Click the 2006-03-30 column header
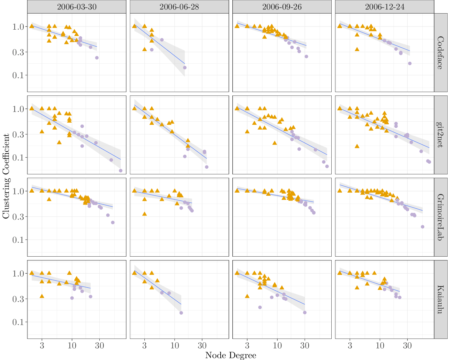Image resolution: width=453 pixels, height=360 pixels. pos(77,7)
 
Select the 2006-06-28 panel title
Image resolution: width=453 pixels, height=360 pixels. pos(179,7)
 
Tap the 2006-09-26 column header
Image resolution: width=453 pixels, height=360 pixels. pos(282,7)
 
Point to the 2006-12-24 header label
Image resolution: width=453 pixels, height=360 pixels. pos(385,7)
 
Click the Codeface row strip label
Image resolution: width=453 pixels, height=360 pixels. pos(440,53)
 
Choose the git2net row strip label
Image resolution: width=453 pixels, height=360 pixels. pos(440,135)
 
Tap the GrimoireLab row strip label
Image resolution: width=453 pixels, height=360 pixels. pos(440,217)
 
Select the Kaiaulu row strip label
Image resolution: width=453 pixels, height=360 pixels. pos(440,299)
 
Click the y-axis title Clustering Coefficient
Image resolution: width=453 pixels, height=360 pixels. pos(6,176)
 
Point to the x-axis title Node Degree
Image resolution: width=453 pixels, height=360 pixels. pos(230,355)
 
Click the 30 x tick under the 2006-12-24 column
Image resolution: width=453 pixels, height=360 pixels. pos(407,345)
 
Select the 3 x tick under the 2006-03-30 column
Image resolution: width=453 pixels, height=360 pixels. pos(42,345)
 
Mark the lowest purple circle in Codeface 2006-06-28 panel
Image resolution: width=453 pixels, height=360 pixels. pos(185,67)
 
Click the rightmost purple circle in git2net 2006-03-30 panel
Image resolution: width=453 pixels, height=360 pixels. pos(120,171)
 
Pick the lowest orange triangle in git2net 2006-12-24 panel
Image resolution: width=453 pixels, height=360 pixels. pos(357,146)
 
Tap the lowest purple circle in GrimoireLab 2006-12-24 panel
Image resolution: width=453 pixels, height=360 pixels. pos(422,227)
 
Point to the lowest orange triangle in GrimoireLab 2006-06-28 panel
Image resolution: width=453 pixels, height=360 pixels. pos(144,214)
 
